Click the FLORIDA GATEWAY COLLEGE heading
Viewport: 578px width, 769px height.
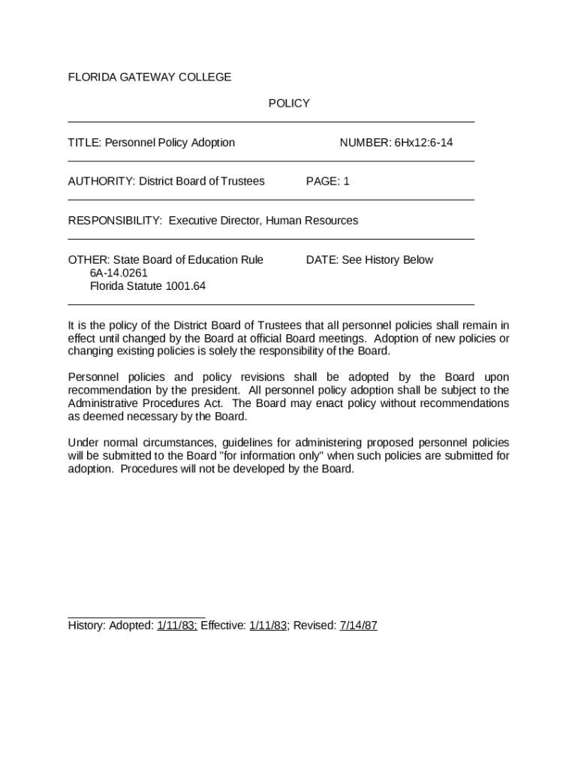point(149,77)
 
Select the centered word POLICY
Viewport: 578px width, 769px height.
point(289,104)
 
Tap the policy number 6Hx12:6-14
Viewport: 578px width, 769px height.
point(423,143)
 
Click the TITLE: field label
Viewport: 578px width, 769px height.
point(85,143)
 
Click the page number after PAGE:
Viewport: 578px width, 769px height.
point(346,182)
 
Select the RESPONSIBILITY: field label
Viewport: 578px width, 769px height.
point(115,221)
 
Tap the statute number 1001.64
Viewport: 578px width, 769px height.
point(182,286)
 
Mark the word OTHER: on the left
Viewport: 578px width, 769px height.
point(89,260)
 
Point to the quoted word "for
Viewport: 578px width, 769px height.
point(225,456)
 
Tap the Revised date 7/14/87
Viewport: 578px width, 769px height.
point(358,626)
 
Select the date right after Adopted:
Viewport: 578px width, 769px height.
point(176,626)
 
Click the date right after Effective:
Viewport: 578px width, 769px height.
point(269,626)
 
